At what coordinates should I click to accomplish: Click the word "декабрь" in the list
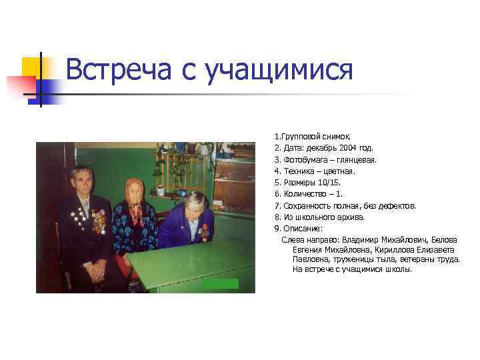point(317,148)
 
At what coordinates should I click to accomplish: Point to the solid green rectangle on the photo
point(220,283)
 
